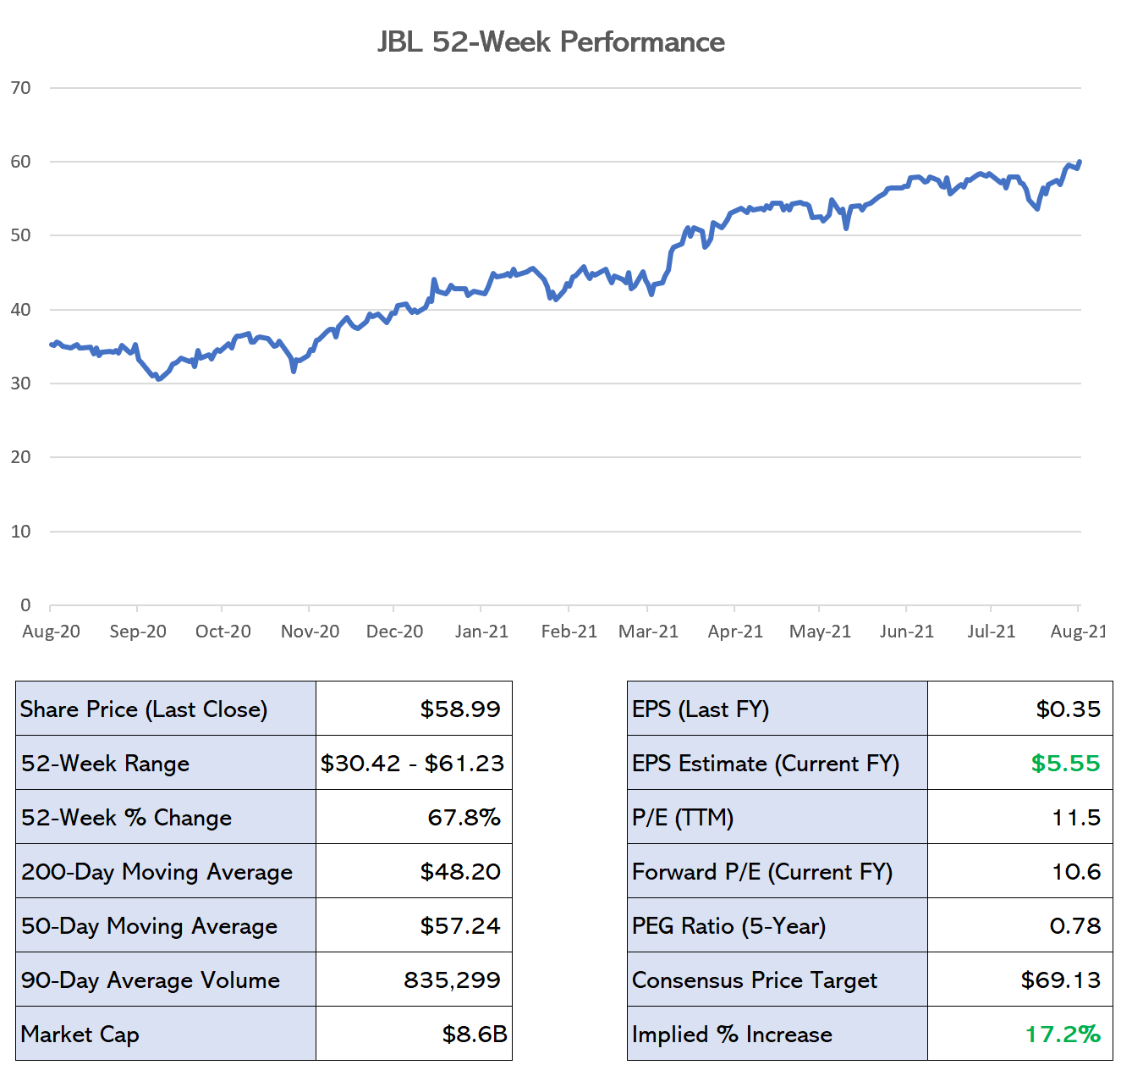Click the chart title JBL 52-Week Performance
551,41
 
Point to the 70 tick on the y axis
21,88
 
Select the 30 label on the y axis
21,384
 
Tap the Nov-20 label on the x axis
310,632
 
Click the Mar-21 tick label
648,632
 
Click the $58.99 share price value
460,709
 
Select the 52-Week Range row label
105,763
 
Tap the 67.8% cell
464,817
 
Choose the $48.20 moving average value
460,871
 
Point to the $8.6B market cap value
475,1034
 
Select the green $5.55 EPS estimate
1065,763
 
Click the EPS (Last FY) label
701,709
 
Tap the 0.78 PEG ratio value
1075,925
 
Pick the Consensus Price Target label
755,979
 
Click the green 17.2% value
1063,1034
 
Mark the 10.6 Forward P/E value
1076,871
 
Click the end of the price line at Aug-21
1080,162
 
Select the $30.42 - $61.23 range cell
412,763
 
